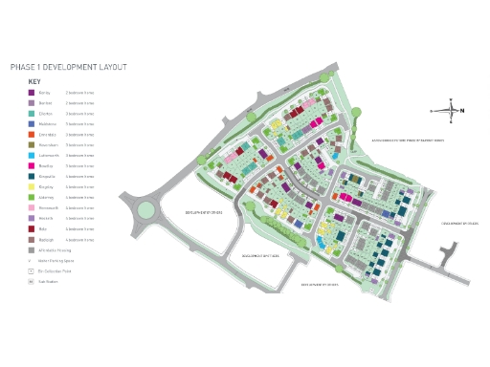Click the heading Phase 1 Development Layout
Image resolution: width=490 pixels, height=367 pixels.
[68, 68]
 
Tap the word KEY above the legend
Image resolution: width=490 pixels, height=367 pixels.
[34, 81]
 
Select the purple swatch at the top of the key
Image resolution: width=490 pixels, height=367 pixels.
[32, 93]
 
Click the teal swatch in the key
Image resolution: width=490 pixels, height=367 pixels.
[32, 114]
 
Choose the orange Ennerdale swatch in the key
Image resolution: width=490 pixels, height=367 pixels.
[32, 135]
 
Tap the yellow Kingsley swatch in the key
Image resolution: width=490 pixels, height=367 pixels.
[32, 187]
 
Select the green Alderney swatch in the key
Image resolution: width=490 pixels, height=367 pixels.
[32, 198]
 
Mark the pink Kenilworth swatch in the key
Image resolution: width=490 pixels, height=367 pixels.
[32, 208]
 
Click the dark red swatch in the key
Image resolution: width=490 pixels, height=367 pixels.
[32, 229]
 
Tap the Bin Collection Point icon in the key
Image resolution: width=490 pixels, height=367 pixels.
[32, 271]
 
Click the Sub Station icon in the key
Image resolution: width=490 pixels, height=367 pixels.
[32, 282]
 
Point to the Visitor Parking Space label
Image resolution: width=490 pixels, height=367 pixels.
[56, 261]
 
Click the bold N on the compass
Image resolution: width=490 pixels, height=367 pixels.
[463, 111]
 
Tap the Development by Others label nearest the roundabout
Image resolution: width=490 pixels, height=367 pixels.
[204, 212]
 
